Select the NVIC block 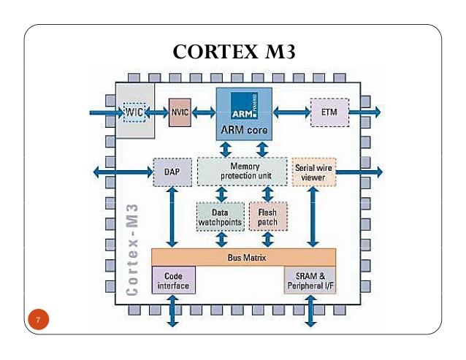[180, 112]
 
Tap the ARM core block [244, 114]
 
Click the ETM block [329, 112]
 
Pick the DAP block [167, 172]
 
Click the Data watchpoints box [219, 216]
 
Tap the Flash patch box [267, 216]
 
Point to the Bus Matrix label [243, 258]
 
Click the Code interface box [173, 281]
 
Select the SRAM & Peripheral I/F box [310, 281]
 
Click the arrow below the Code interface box [173, 310]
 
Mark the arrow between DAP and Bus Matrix [172, 218]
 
